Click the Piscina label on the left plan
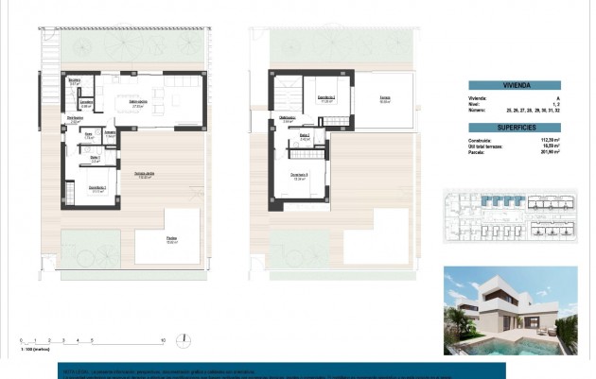coord(172,240)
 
